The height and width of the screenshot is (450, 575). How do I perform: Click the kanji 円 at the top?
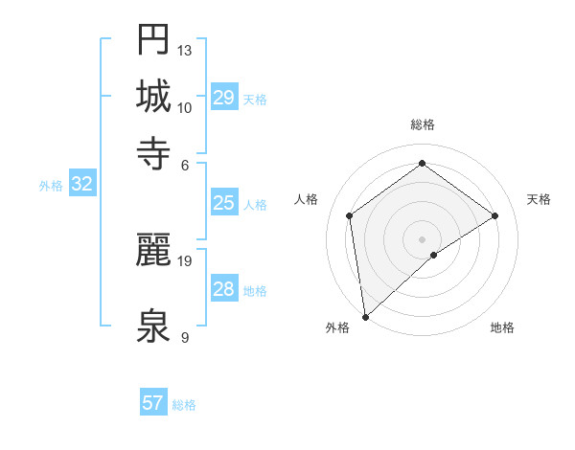click(154, 41)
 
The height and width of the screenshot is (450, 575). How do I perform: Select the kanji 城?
click(154, 98)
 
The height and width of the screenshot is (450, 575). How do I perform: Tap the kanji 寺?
click(154, 152)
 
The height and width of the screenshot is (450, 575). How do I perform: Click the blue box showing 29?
click(224, 99)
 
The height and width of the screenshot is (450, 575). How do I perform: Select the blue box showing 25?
click(224, 203)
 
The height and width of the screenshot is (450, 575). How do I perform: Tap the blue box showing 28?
click(224, 289)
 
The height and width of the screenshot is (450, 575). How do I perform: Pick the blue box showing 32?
click(81, 185)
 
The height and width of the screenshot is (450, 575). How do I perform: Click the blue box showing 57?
click(153, 403)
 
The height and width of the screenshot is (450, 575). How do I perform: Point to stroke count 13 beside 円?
click(185, 50)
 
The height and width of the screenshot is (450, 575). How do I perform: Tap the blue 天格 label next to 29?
click(255, 100)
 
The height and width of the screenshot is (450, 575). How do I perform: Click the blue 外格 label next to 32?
click(51, 186)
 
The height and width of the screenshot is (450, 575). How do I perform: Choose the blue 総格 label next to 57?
click(184, 405)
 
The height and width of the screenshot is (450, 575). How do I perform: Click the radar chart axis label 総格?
click(422, 124)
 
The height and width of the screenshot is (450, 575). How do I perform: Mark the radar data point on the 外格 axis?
click(365, 317)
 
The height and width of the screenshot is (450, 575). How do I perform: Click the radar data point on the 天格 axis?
click(495, 215)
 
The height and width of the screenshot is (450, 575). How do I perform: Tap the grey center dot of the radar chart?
click(422, 238)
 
